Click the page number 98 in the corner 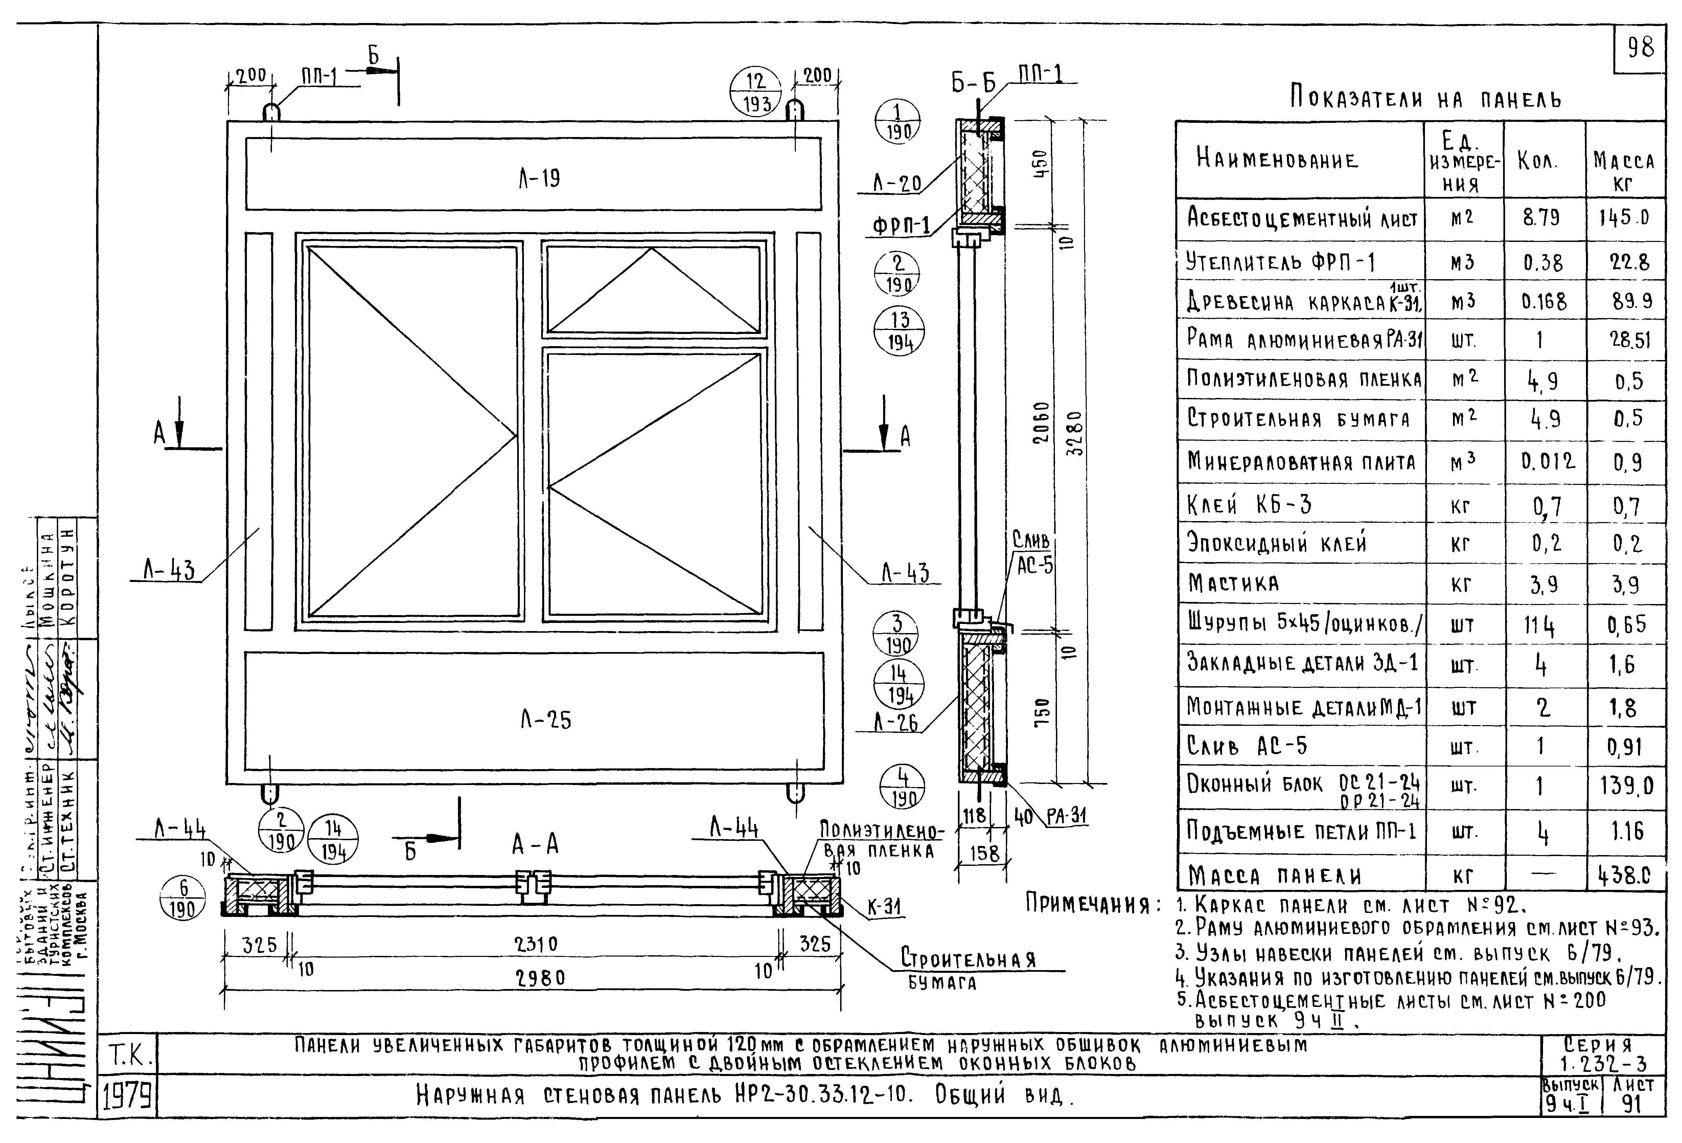click(1640, 48)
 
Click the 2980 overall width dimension click(540, 978)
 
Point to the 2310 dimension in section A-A click(535, 944)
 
